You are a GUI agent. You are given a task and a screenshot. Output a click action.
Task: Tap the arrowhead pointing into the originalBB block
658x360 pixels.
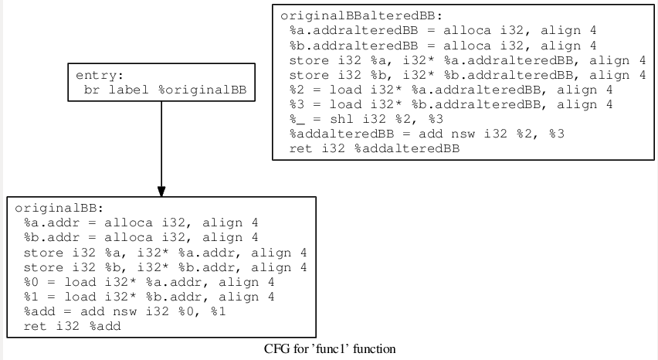(x=161, y=190)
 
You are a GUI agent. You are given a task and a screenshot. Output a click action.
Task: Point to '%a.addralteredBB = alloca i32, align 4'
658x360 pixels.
(x=443, y=30)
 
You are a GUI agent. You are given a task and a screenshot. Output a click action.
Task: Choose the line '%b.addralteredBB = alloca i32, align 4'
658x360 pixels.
(x=443, y=45)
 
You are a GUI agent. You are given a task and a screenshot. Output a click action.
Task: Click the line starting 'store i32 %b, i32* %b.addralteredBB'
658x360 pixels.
(x=466, y=75)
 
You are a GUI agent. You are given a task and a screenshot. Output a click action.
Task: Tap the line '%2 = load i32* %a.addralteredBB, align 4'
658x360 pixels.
(x=450, y=90)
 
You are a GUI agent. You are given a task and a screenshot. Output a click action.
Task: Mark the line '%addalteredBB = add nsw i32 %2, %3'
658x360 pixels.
(x=426, y=134)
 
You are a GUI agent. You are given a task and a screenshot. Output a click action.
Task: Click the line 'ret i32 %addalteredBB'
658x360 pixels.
(x=374, y=149)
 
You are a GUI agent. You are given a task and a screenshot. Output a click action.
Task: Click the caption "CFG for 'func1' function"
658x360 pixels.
(x=330, y=349)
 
